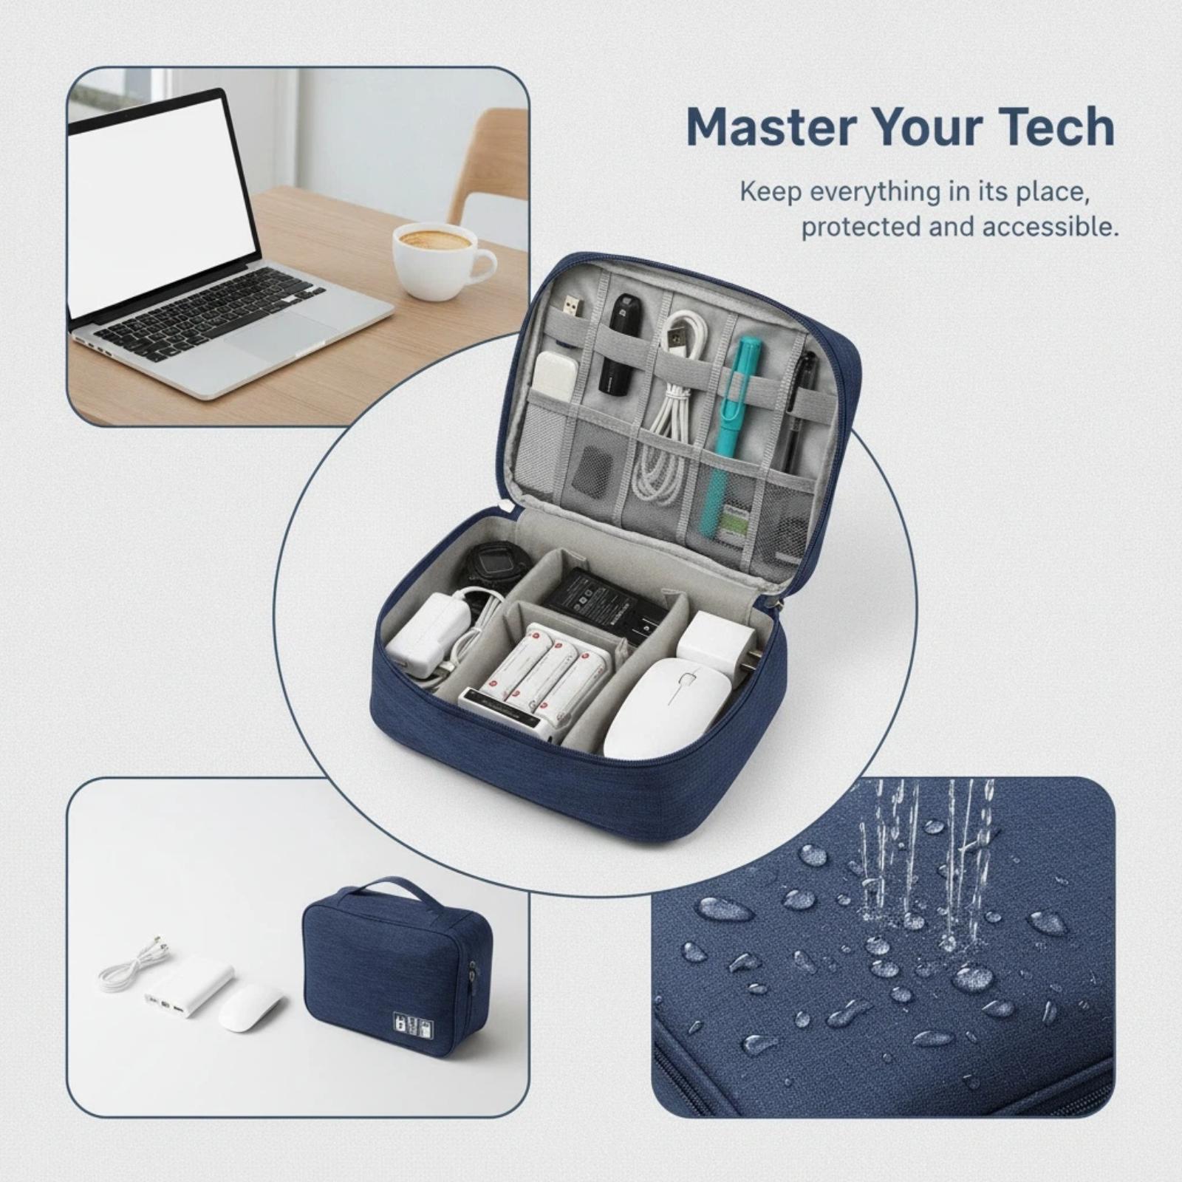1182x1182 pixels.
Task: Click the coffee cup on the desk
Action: [x=440, y=259]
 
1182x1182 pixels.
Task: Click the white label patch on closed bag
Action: [x=412, y=1025]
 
